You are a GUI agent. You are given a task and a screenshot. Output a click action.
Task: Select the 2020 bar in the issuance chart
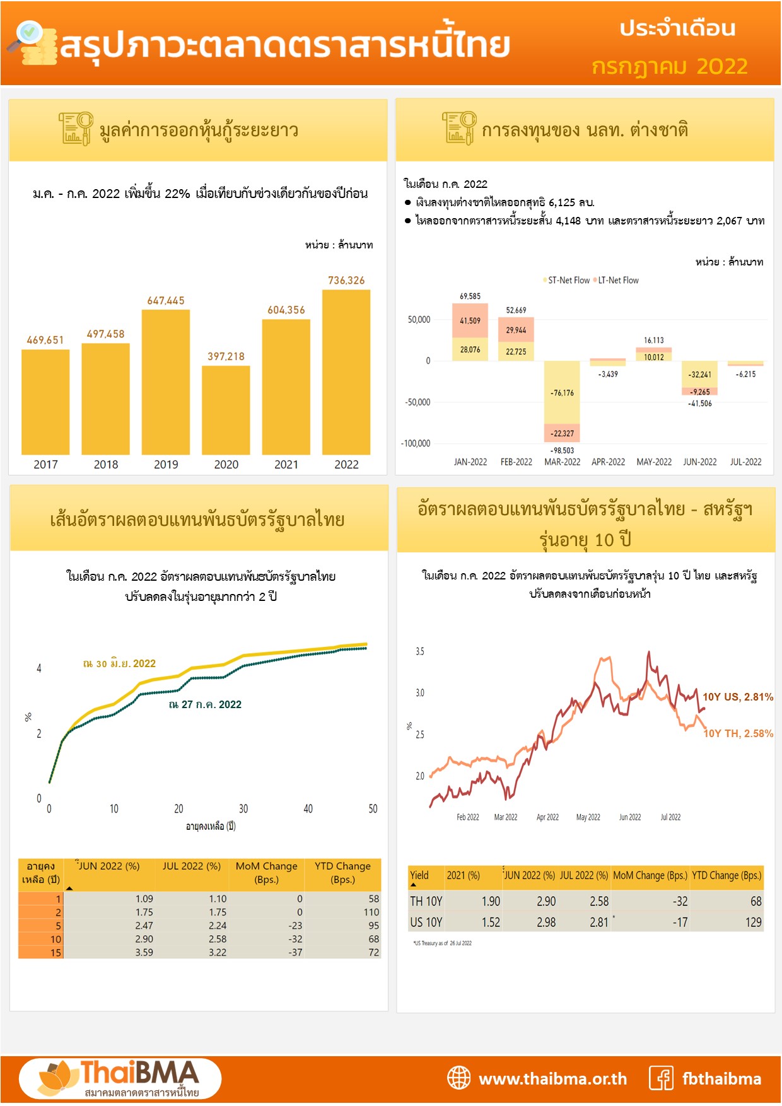coord(226,410)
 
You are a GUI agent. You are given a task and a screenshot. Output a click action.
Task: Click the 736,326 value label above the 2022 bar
coord(346,281)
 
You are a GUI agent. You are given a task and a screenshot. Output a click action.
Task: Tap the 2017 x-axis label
coord(45,465)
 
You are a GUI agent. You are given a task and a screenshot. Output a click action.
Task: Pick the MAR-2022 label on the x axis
coord(562,462)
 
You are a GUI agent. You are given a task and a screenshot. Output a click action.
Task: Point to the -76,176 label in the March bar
coord(562,393)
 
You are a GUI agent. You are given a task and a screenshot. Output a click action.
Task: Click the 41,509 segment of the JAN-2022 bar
coord(470,321)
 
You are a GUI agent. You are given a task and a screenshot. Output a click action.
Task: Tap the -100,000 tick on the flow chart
coord(416,444)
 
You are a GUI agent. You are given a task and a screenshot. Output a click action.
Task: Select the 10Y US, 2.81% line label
coord(737,697)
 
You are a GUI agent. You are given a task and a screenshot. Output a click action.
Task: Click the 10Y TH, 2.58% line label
coord(738,733)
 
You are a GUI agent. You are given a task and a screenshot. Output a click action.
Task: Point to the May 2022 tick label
coord(588,817)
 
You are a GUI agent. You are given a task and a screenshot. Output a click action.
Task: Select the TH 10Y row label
coord(426,902)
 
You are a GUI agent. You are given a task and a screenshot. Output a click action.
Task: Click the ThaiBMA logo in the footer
coord(120,1078)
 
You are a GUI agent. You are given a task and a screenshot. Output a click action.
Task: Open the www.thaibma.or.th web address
coord(552,1079)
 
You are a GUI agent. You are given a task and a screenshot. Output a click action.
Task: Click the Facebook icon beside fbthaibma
coord(662,1078)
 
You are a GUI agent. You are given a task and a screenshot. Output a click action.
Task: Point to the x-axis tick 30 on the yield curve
coord(243,809)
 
